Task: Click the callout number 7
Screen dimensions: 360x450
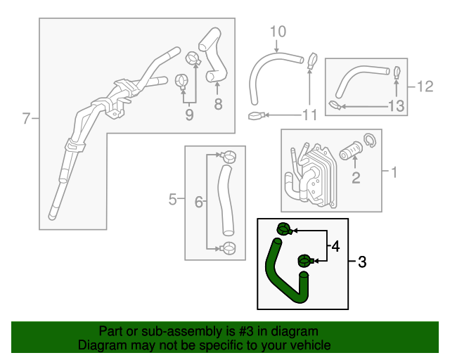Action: click(x=26, y=118)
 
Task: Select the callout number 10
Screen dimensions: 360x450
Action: click(x=278, y=31)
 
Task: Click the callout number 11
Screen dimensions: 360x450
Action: click(x=309, y=115)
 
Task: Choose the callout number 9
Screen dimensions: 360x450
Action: click(x=189, y=115)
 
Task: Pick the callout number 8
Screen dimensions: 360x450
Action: click(x=218, y=105)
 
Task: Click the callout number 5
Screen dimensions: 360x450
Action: click(x=172, y=200)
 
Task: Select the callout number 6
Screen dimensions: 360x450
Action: click(x=198, y=202)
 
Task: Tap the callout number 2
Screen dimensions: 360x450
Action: click(x=356, y=177)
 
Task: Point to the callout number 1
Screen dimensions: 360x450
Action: click(x=394, y=172)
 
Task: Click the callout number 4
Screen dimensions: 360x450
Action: click(x=335, y=247)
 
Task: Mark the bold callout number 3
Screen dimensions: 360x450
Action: click(x=362, y=262)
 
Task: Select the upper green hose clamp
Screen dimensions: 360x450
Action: click(x=284, y=229)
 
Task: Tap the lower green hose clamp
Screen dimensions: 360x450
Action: click(x=305, y=261)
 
